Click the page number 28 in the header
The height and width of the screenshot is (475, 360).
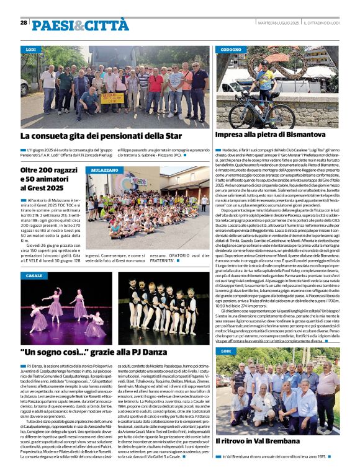pos(24,22)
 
